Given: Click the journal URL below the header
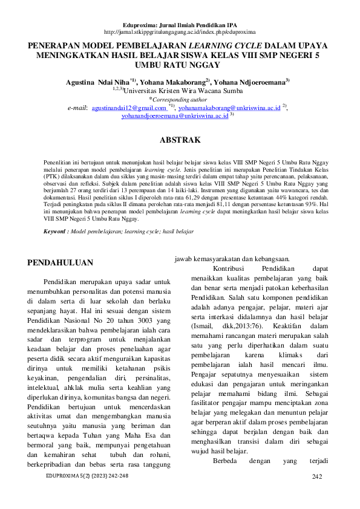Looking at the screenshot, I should click(x=180, y=31).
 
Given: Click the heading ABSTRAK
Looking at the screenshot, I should click(x=180, y=140).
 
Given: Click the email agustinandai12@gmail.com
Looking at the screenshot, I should click(x=124, y=106).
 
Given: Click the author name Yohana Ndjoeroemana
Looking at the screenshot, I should click(x=248, y=80).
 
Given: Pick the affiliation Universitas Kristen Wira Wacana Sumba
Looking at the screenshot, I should click(x=183, y=89).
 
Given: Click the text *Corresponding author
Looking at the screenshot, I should click(x=180, y=98).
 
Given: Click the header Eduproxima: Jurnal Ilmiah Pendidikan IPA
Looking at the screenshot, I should click(x=180, y=23).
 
